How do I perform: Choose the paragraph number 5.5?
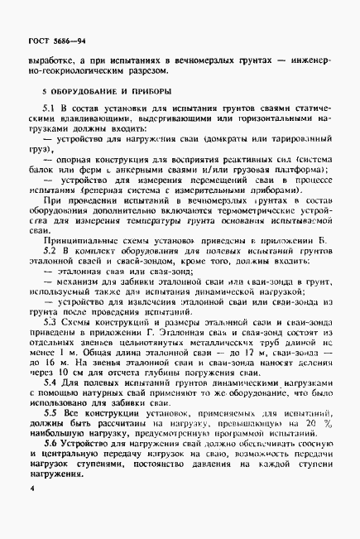coord(50,411)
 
